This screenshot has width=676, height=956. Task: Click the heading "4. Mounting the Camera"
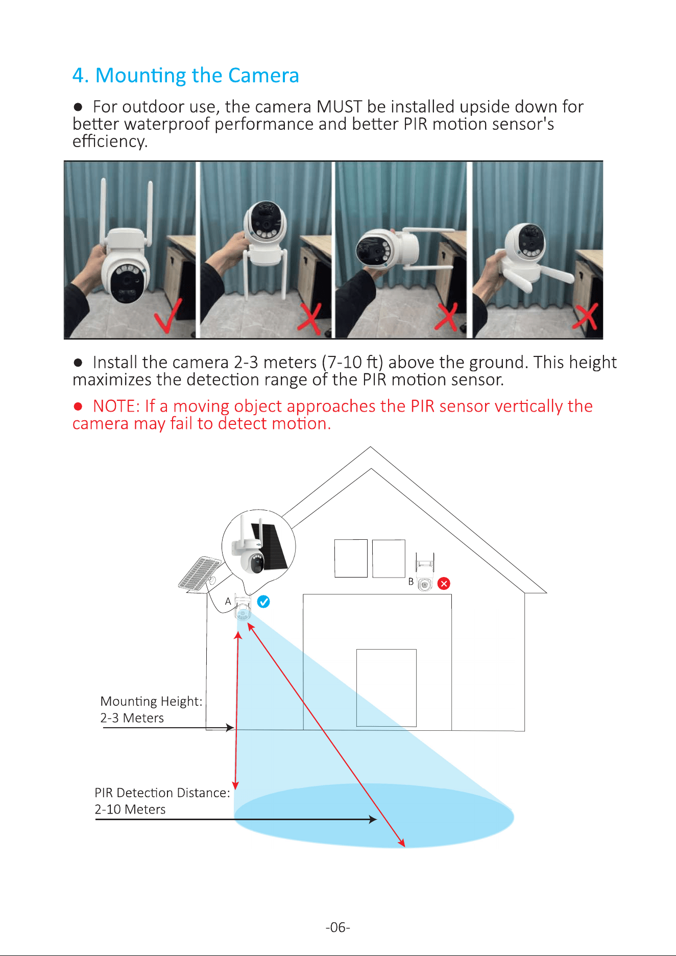point(185,76)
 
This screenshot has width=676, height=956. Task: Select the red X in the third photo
point(446,317)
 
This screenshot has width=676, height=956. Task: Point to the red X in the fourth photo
point(585,317)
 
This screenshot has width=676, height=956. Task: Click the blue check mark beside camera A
point(263,602)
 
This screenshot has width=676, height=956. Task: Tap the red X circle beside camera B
point(444,583)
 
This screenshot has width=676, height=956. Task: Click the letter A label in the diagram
point(228,602)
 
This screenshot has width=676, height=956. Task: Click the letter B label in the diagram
point(411,582)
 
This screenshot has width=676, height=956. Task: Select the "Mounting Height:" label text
point(151,702)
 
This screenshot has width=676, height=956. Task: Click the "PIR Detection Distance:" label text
point(162,793)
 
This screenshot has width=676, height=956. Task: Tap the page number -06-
point(338,927)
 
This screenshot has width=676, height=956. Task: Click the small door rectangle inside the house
point(387,688)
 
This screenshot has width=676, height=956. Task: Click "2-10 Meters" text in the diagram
point(130,809)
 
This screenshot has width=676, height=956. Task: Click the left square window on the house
point(351,558)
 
